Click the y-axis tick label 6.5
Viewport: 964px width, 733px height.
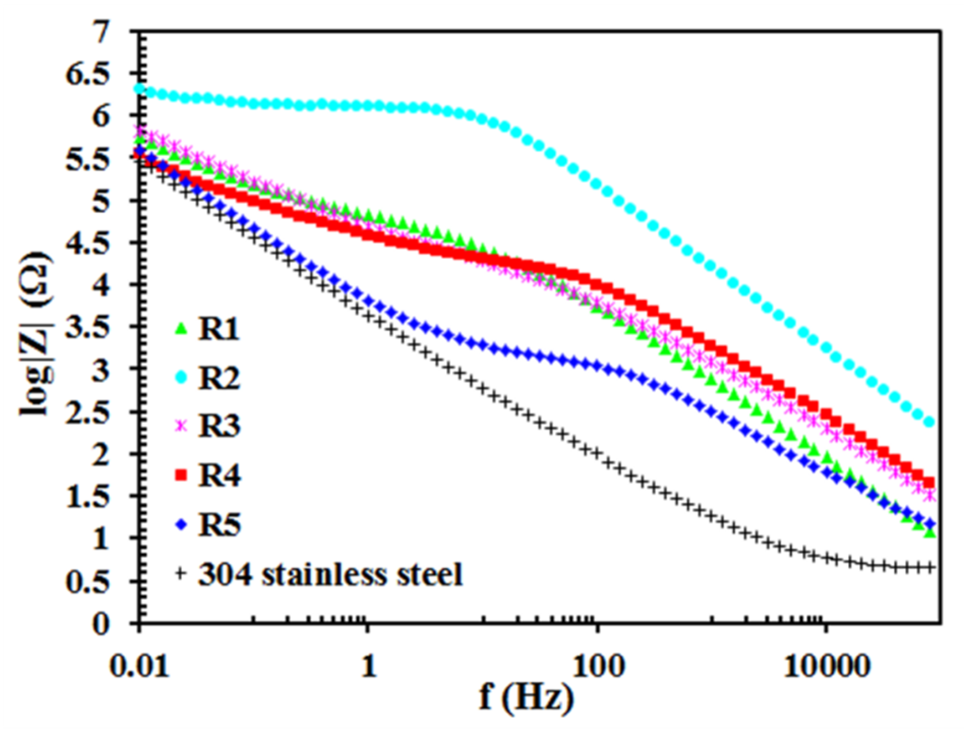pos(87,75)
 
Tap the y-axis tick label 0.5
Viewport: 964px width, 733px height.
pos(87,580)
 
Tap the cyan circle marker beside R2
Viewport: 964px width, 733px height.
pos(181,377)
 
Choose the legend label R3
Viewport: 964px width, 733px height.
pos(219,426)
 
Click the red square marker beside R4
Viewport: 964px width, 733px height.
pos(181,475)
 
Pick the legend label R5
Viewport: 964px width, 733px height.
pos(219,524)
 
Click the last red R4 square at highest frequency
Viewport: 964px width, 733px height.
pos(928,482)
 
